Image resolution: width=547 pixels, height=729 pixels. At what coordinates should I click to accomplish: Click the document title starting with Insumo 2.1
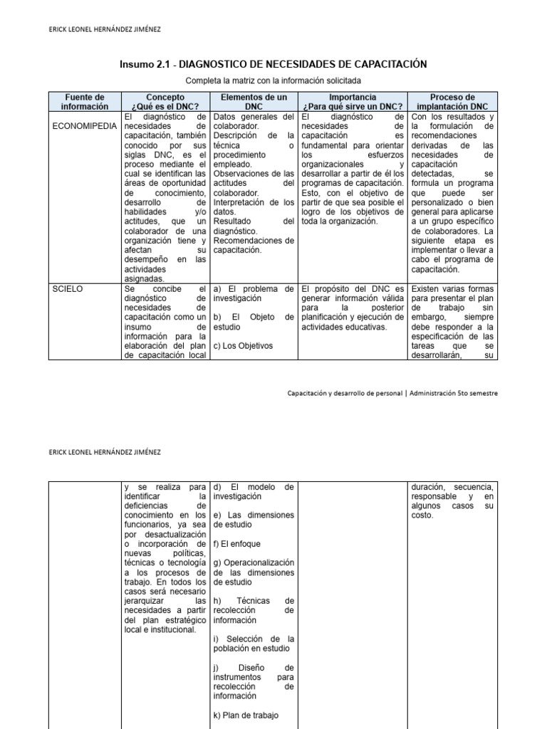pyautogui.click(x=273, y=65)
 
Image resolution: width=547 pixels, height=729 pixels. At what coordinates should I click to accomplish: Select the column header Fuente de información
pyautogui.click(x=85, y=102)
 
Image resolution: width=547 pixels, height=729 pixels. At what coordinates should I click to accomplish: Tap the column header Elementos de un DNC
pyautogui.click(x=254, y=102)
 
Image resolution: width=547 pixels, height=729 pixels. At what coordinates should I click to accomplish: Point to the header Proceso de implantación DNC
pyautogui.click(x=452, y=102)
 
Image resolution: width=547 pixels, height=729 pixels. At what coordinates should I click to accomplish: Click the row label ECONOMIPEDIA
pyautogui.click(x=84, y=126)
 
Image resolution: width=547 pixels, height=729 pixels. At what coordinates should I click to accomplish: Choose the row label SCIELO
pyautogui.click(x=68, y=289)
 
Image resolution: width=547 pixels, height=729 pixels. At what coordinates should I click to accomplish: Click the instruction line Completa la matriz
pyautogui.click(x=273, y=81)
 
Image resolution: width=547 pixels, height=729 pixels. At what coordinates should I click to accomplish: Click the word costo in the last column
pyautogui.click(x=422, y=515)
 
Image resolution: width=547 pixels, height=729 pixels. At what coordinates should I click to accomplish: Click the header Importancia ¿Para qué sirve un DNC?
pyautogui.click(x=353, y=102)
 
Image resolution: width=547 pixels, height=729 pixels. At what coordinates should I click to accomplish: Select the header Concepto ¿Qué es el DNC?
pyautogui.click(x=165, y=102)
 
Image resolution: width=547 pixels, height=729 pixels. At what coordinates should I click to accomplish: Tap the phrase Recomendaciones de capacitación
pyautogui.click(x=254, y=246)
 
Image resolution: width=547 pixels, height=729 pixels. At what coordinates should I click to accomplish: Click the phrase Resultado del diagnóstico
pyautogui.click(x=254, y=226)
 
